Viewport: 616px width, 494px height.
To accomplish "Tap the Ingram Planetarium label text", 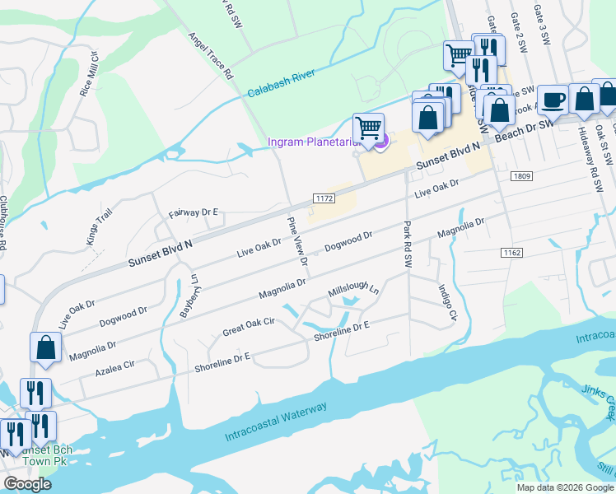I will [x=315, y=142].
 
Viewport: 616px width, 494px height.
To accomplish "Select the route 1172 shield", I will [x=324, y=198].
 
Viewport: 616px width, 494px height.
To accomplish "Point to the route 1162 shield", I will [x=511, y=252].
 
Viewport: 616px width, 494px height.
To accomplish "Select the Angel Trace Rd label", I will [x=212, y=55].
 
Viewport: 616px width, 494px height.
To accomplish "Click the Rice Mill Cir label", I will [x=88, y=75].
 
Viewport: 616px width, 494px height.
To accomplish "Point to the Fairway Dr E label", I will [x=193, y=213].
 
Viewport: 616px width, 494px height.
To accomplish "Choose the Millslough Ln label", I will [x=353, y=291].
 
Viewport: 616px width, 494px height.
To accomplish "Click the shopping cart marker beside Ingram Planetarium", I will [x=368, y=128].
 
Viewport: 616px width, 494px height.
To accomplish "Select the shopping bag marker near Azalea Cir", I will [x=45, y=347].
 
